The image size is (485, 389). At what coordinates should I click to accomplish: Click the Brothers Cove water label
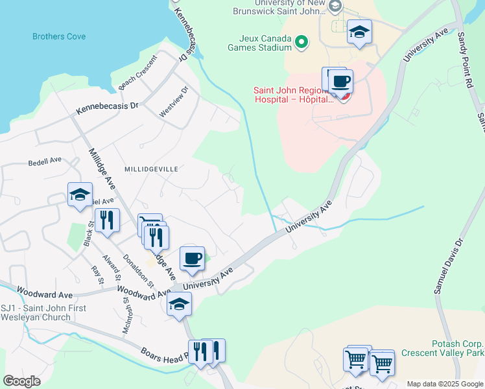[x=59, y=36]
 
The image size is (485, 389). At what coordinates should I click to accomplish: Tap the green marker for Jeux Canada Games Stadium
[x=301, y=43]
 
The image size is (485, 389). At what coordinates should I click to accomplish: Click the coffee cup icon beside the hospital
[x=340, y=82]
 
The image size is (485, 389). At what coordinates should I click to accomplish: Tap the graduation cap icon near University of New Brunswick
[x=359, y=31]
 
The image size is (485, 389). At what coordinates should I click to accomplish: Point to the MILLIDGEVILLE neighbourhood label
[x=147, y=169]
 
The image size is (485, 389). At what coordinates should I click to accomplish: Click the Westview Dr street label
[x=174, y=102]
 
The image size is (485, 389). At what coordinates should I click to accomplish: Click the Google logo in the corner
[x=21, y=381]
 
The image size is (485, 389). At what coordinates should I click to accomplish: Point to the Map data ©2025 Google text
[x=444, y=384]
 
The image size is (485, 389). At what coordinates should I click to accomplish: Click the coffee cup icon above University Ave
[x=192, y=258]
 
